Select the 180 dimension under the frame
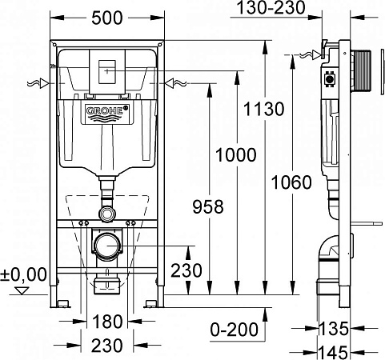[106, 323]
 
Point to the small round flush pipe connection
[106, 214]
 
